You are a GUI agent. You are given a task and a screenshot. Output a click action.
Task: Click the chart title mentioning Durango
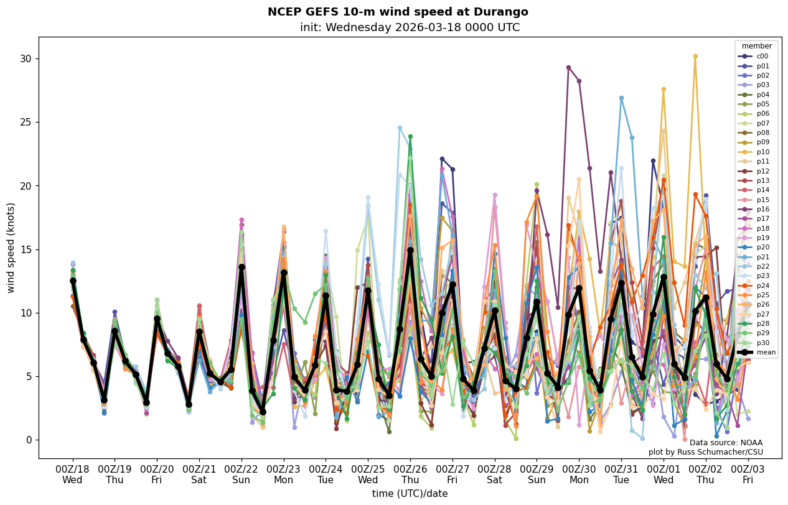pos(398,12)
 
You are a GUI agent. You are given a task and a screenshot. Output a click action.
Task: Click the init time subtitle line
pos(410,27)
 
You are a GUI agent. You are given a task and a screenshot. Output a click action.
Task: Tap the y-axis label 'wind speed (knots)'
pos(11,247)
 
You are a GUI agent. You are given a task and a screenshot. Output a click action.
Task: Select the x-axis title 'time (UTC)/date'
pos(410,493)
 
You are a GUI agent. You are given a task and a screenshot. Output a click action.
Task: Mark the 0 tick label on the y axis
pos(29,440)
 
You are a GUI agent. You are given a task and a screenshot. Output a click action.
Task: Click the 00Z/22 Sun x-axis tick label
pos(242,473)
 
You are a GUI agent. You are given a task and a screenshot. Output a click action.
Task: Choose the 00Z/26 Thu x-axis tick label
pos(410,473)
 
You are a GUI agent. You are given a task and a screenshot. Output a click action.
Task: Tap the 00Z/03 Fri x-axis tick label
pos(748,473)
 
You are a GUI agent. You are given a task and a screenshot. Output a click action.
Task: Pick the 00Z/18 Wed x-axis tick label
pos(73,473)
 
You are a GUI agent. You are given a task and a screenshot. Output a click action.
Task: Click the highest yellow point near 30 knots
pos(695,57)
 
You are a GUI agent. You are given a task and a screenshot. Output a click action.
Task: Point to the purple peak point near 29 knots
pos(568,67)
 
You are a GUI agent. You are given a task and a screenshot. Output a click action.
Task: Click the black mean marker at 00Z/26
pos(410,250)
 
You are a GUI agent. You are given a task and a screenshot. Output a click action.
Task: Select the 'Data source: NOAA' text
pos(726,442)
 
